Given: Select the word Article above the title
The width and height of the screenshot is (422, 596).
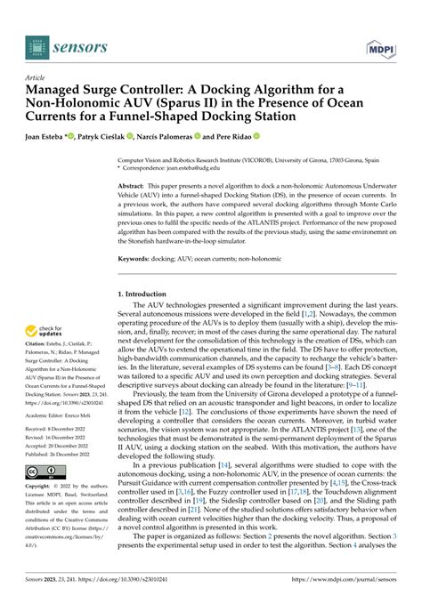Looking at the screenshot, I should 37,77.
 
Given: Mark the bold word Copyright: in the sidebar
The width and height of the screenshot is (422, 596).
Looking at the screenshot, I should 42,511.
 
